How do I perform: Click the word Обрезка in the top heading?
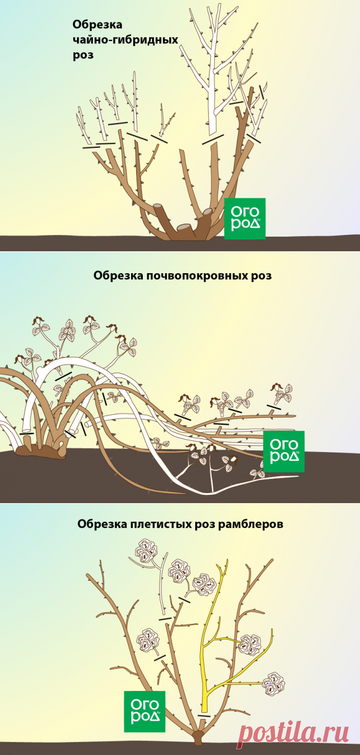97,25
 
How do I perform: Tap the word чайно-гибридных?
125,40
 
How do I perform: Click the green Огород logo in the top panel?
245,219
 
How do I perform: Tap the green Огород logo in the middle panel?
283,451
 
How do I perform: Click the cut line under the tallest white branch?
213,139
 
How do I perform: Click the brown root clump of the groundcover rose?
40,451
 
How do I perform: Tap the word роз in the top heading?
83,55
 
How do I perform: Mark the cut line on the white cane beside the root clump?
26,433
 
